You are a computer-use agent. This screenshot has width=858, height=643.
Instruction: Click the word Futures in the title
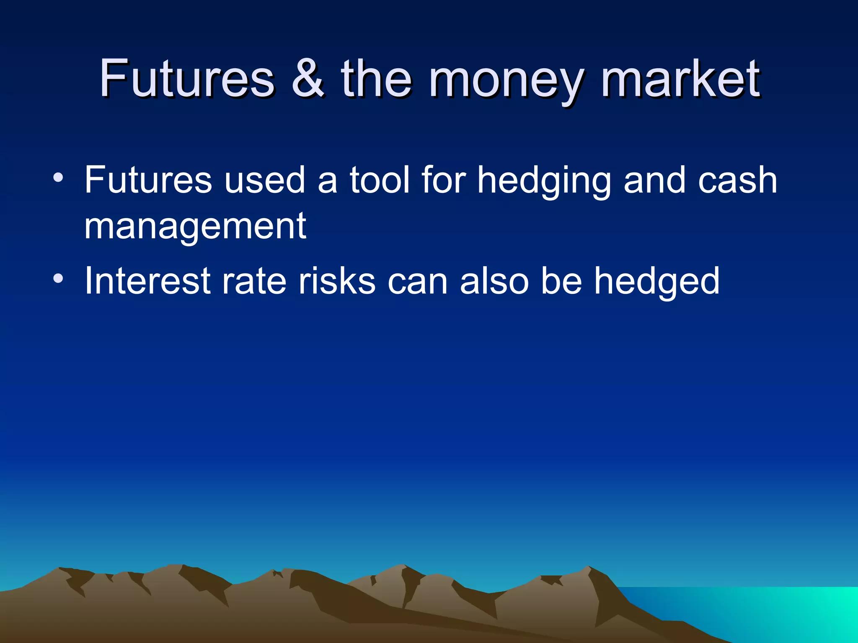pos(187,78)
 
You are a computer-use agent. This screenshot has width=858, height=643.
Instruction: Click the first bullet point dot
pos(58,177)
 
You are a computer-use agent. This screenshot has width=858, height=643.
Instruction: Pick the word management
pos(195,227)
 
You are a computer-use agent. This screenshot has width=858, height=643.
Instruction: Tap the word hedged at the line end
pos(657,282)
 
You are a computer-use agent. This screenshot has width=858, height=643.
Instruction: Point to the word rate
pos(254,282)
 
